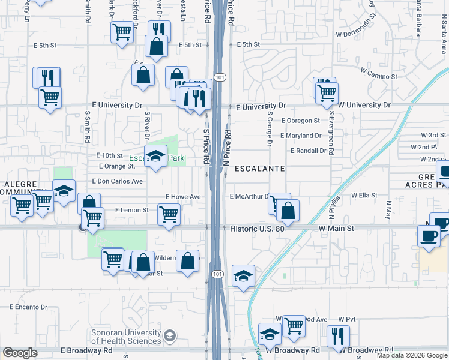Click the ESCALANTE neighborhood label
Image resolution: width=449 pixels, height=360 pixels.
click(x=259, y=169)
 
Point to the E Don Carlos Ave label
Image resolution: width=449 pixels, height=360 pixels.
click(x=117, y=181)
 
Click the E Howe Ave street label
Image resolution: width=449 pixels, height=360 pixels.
click(x=183, y=197)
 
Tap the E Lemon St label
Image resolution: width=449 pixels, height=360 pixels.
click(x=131, y=210)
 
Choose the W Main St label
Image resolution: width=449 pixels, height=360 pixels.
click(x=336, y=229)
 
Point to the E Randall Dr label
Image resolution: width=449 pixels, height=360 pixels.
click(x=308, y=151)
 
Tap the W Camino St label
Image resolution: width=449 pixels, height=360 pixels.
click(x=379, y=76)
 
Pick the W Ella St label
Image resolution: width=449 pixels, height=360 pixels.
click(x=364, y=195)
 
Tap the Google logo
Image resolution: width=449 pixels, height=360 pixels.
click(x=20, y=353)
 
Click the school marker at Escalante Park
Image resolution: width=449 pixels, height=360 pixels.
click(x=156, y=157)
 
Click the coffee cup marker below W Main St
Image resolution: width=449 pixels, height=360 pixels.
click(x=429, y=235)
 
